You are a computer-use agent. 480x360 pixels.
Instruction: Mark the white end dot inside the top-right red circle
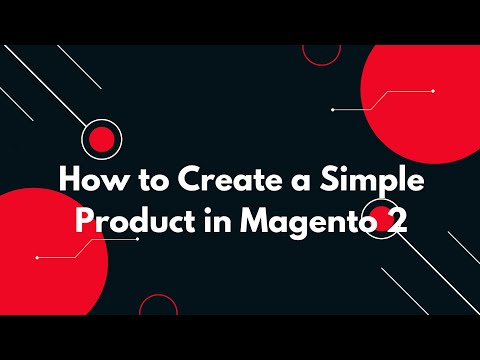tap(432, 91)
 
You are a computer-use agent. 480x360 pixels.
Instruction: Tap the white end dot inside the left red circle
tap(37, 258)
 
